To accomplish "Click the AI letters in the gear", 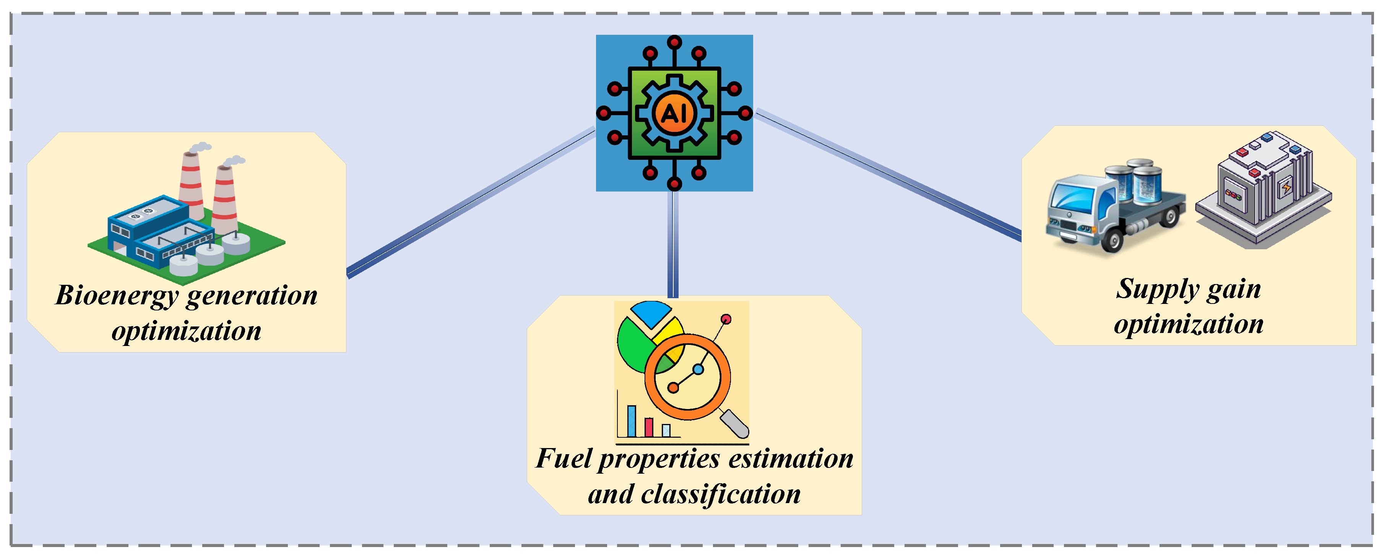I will [x=674, y=114].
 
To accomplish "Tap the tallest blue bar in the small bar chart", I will [x=632, y=421].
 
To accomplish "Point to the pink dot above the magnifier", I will [x=726, y=319].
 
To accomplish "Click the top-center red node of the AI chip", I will [x=674, y=42].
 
